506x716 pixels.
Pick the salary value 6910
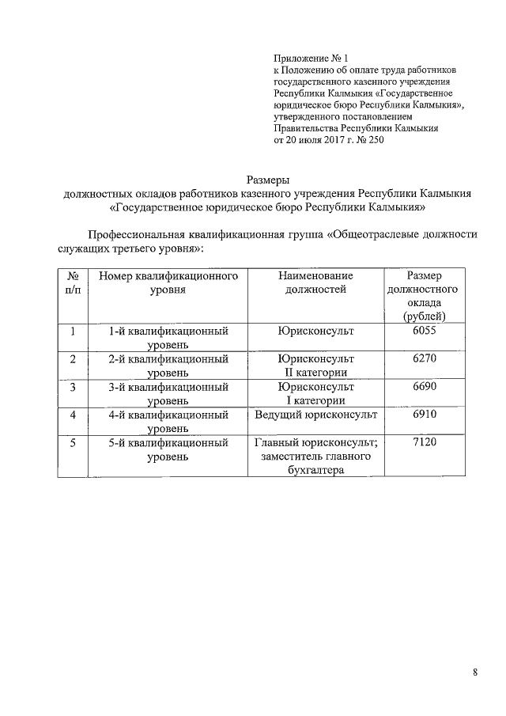tap(424, 414)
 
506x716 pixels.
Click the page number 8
tap(475, 672)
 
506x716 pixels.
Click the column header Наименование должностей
tap(315, 282)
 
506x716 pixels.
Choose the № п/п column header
tap(72, 282)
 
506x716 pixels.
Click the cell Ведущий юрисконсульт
tap(315, 415)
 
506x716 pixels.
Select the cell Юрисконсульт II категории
tap(315, 366)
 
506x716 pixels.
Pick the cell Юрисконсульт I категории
tap(315, 393)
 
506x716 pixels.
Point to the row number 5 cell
tap(72, 442)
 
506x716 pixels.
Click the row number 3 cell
tap(72, 387)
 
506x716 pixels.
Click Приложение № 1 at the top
tap(310, 59)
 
